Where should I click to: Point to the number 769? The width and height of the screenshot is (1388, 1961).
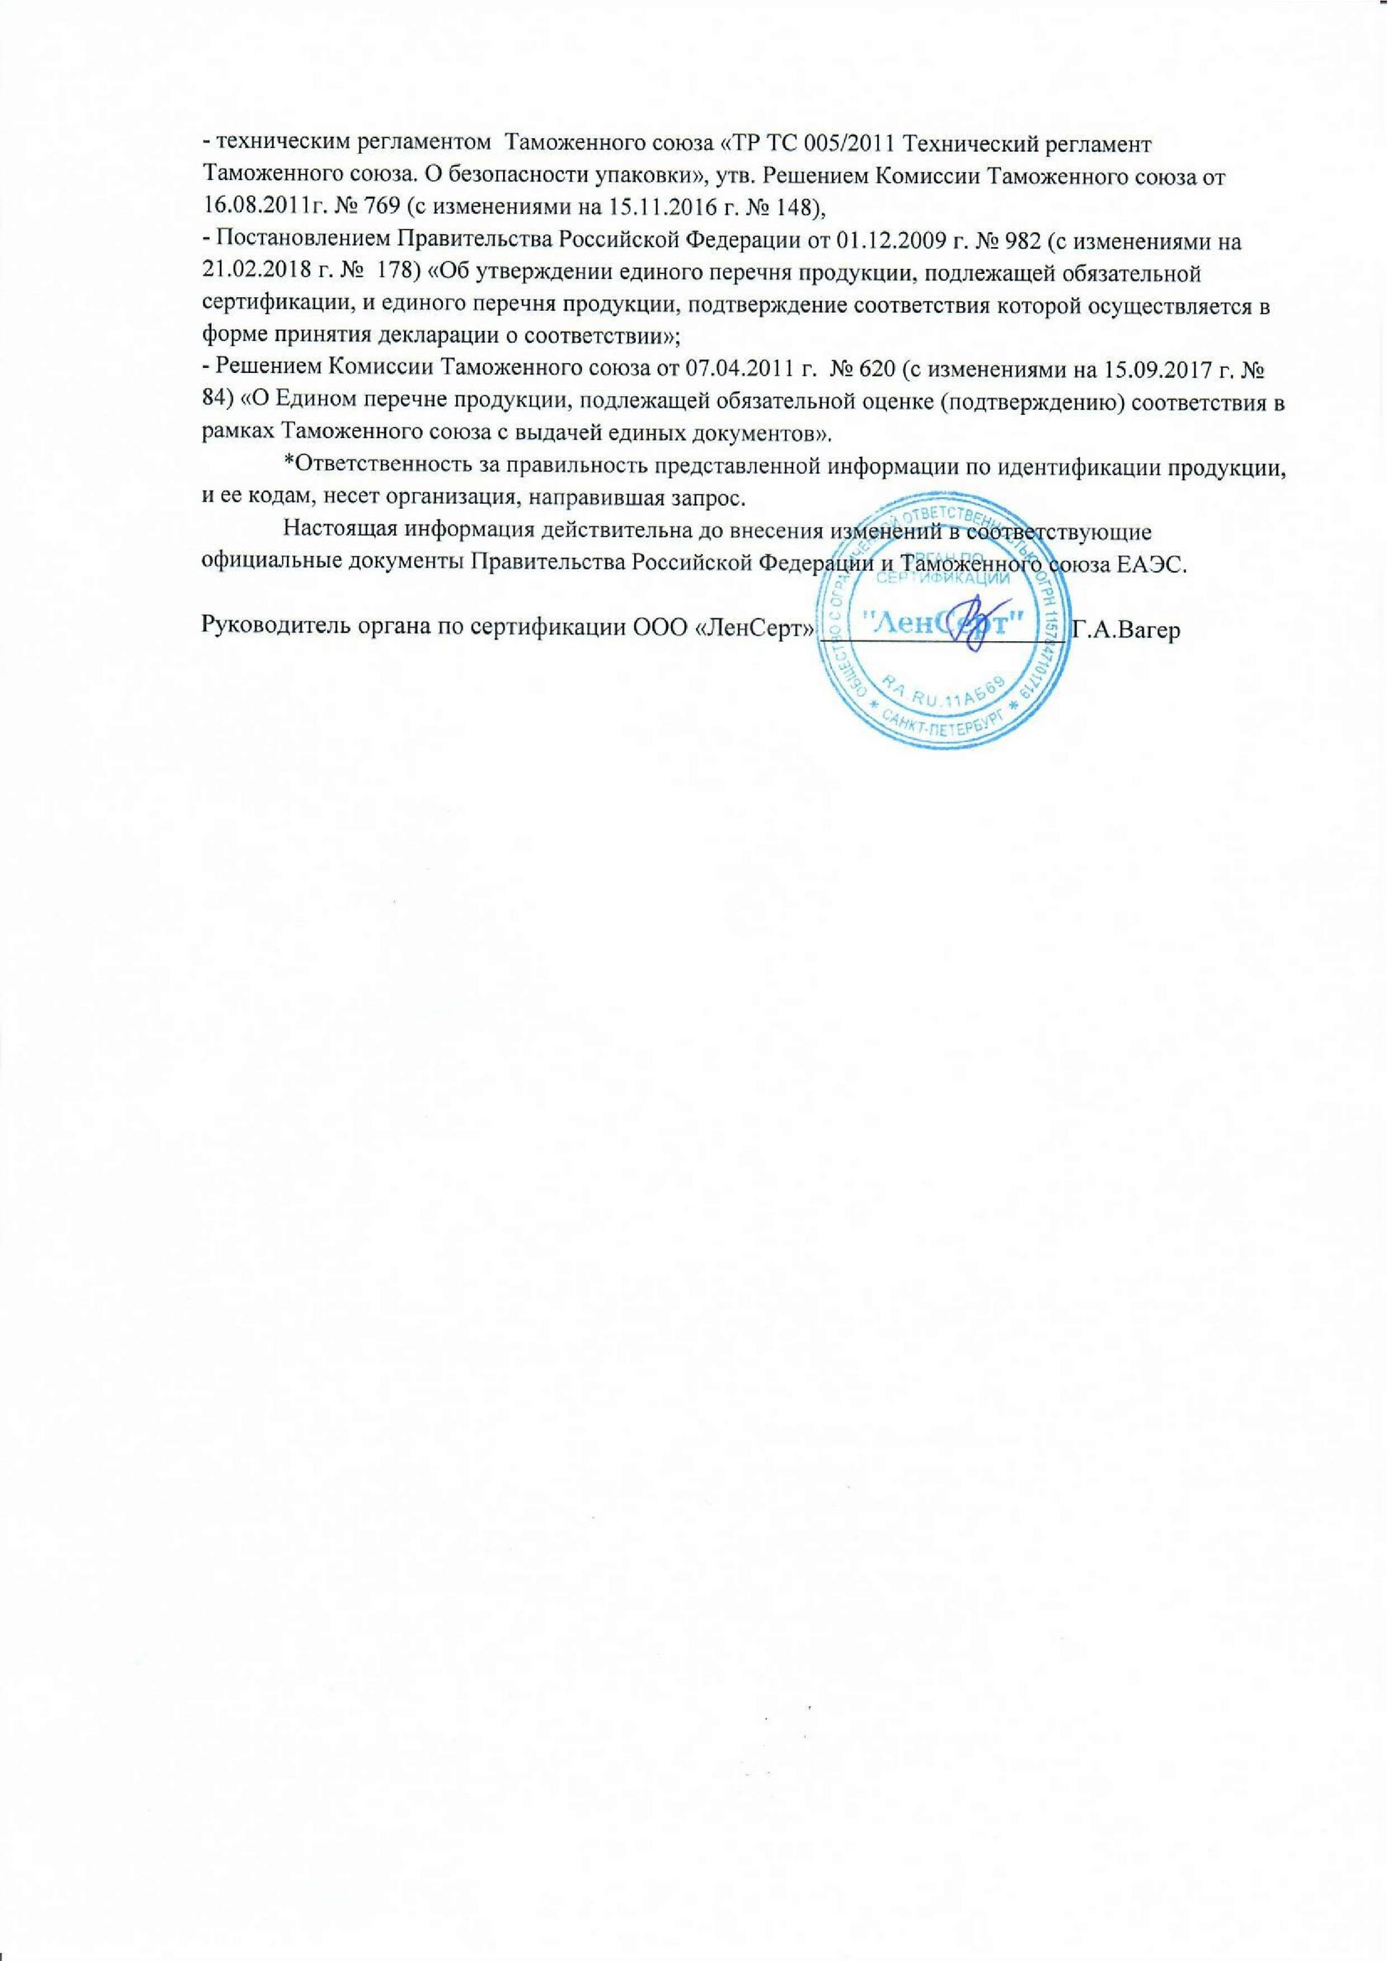371,205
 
